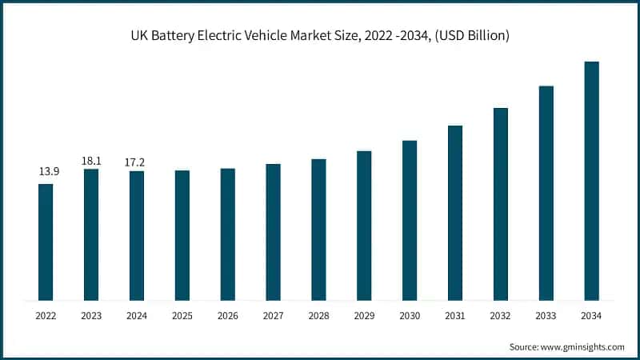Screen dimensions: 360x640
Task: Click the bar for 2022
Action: (x=46, y=242)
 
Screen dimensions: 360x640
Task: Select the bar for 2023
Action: (x=91, y=234)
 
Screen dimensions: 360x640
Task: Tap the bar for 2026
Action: (x=228, y=234)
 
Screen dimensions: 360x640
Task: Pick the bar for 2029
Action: (x=364, y=225)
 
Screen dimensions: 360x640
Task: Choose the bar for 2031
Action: (x=455, y=212)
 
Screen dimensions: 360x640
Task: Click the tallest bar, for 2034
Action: (x=591, y=180)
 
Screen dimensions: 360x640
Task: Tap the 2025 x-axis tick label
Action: (x=182, y=316)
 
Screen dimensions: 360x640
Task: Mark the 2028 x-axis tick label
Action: (x=318, y=316)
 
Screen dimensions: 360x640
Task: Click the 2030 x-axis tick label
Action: (x=410, y=316)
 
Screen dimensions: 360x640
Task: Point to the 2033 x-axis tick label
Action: (x=546, y=316)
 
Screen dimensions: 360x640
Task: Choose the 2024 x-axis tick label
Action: (x=137, y=316)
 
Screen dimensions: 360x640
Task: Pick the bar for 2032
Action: (x=501, y=203)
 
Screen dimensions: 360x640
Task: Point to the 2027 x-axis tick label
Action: (x=273, y=316)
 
